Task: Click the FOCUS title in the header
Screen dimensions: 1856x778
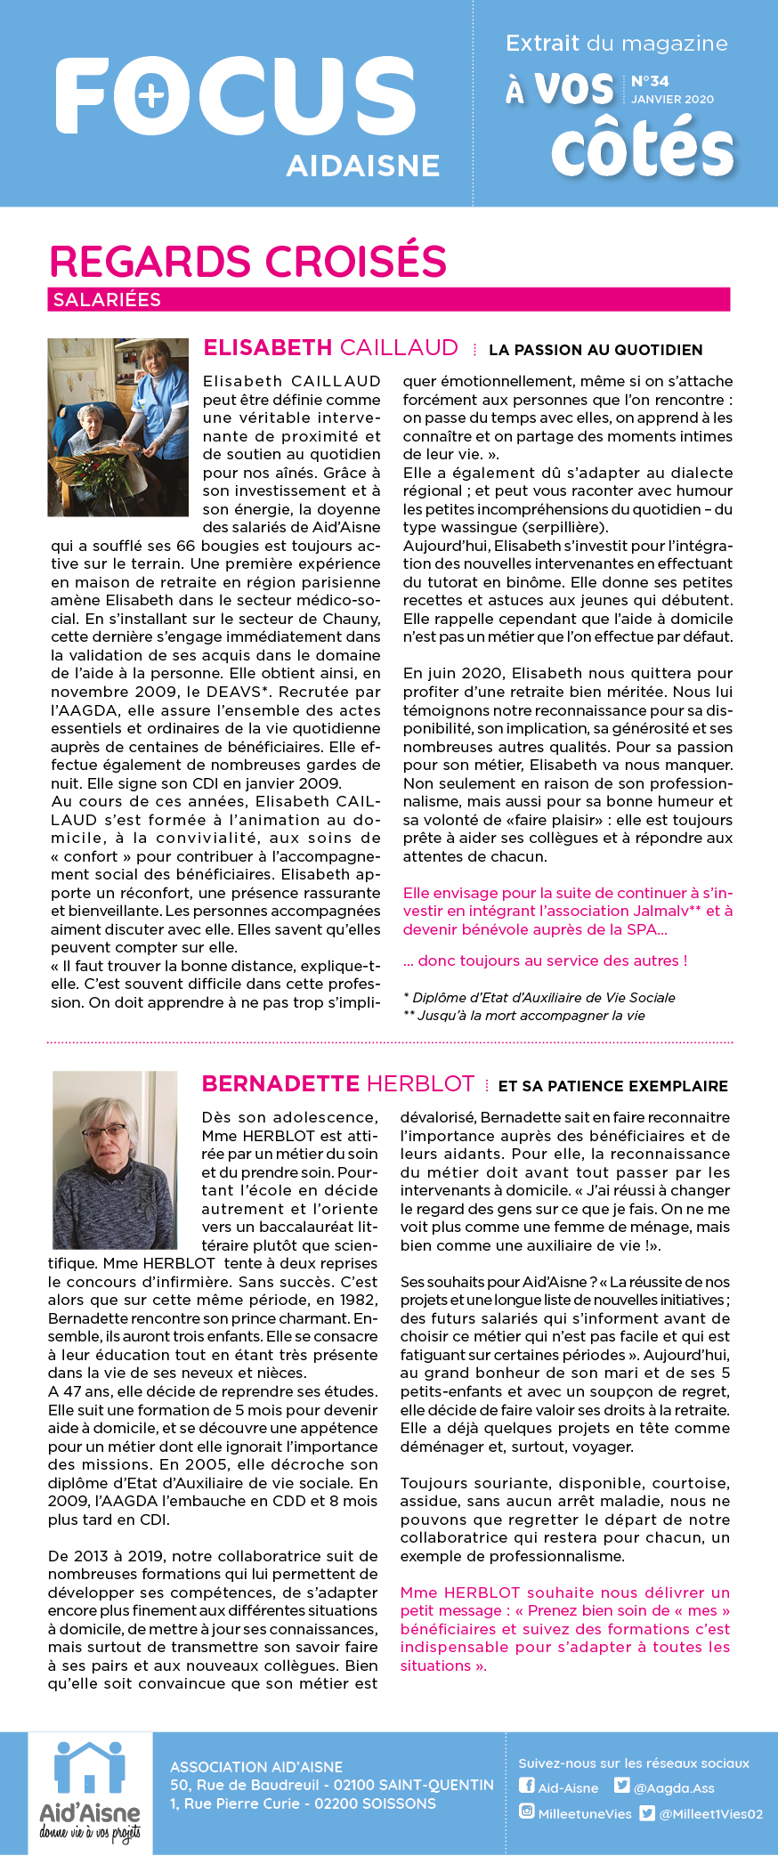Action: [236, 96]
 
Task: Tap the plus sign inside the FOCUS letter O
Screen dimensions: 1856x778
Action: [152, 95]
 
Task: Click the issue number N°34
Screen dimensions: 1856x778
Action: [650, 81]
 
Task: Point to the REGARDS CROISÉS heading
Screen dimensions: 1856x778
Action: [247, 262]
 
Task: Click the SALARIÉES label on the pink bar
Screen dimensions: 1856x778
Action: [107, 300]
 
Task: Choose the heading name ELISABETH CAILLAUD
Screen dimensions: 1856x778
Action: [330, 348]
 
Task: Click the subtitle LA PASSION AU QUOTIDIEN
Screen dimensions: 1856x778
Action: [596, 350]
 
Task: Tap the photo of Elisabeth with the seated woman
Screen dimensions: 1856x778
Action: [118, 427]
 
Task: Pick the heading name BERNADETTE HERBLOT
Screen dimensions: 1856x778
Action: [337, 1083]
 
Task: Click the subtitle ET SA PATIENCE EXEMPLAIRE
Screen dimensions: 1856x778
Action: [612, 1086]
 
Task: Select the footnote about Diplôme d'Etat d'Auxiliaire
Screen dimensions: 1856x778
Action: [539, 997]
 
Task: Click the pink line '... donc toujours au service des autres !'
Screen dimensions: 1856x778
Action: [545, 960]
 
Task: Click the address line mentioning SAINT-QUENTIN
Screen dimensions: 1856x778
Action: [331, 1785]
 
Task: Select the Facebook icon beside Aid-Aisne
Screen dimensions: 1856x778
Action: [527, 1786]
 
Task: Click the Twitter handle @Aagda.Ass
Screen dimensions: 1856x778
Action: [674, 1787]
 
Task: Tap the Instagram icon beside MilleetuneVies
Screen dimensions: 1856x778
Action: [527, 1811]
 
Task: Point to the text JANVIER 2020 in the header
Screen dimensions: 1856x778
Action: [672, 100]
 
